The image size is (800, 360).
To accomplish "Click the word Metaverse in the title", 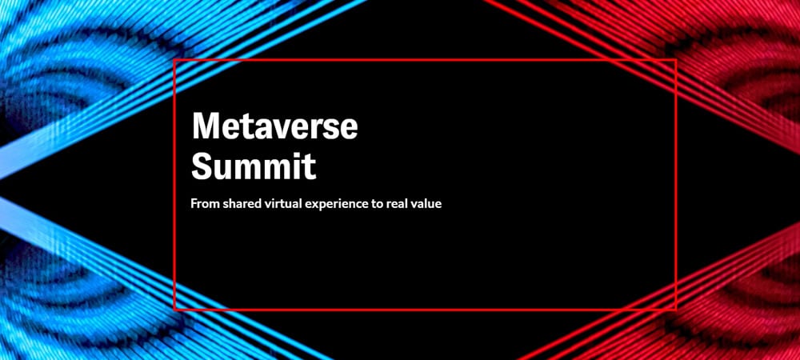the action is point(274,126).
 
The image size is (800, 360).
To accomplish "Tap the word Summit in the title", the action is point(254,166).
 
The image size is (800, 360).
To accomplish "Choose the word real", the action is point(394,204).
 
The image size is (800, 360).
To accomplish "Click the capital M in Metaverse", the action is point(206,126).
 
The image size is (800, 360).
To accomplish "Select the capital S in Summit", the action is point(202,166).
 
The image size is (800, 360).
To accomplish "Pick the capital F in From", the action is point(194,204).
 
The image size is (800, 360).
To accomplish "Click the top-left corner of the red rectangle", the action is point(174,60).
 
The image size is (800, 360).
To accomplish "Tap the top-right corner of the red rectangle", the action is point(676,60).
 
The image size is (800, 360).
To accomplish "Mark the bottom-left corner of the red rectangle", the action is point(174,310).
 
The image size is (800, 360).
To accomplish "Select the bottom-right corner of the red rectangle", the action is point(676,310).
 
